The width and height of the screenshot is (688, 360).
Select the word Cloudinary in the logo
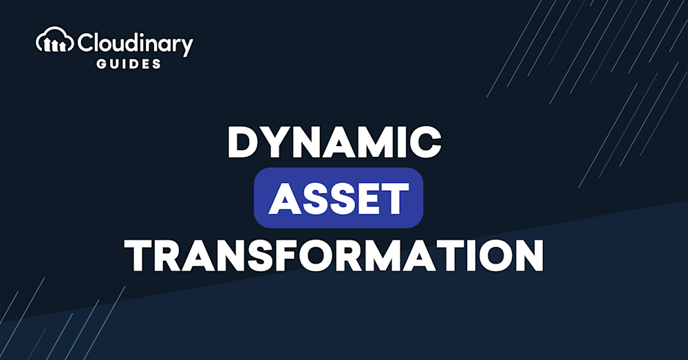click(135, 43)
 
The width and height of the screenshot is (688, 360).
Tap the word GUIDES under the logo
click(129, 64)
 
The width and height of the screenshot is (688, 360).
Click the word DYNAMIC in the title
click(334, 142)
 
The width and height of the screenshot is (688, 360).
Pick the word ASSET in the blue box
click(338, 198)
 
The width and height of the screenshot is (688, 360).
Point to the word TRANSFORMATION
click(334, 255)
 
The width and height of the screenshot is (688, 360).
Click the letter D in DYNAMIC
click(244, 142)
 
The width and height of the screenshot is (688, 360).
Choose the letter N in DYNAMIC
click(312, 142)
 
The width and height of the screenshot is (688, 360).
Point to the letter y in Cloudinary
click(186, 47)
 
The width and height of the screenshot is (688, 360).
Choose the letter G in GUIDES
click(101, 64)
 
